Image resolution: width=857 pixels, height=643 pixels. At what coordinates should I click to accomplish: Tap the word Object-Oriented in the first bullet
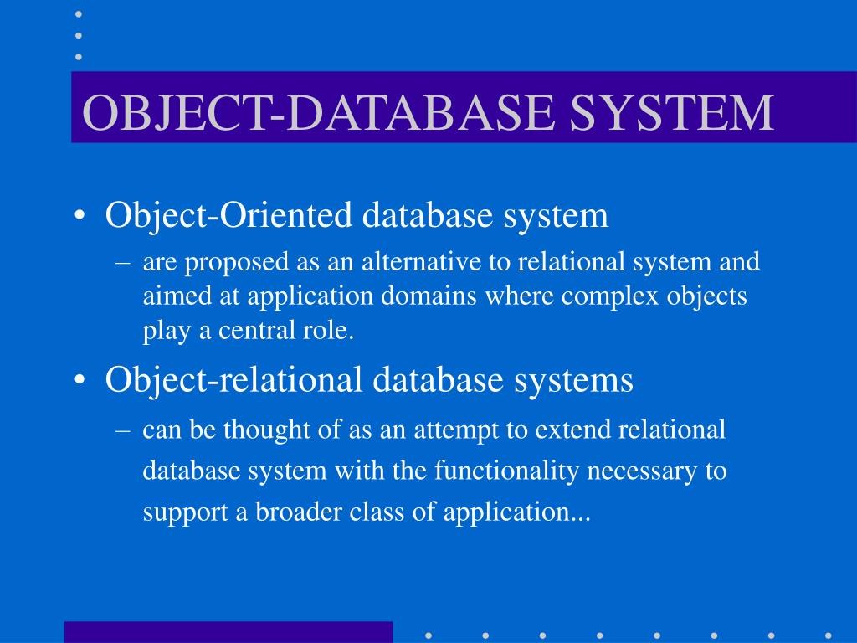[228, 215]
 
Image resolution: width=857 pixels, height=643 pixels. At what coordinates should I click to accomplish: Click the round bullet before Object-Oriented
[80, 217]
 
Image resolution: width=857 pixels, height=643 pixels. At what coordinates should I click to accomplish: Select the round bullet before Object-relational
[80, 382]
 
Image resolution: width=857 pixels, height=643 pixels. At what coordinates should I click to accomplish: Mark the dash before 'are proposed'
[122, 263]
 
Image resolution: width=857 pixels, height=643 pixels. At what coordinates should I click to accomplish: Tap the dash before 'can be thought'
[122, 431]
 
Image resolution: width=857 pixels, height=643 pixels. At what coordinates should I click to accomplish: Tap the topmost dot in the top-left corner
[79, 13]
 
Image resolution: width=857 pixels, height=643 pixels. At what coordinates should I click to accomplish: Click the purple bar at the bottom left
[228, 631]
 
